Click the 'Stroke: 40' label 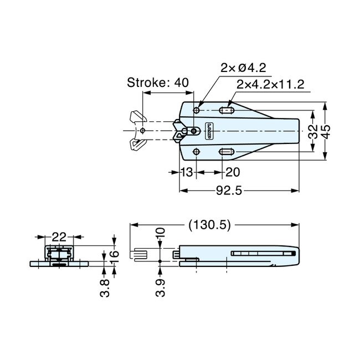(158, 83)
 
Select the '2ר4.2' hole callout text (243, 68)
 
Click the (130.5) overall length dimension (210, 225)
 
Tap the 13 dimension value (187, 173)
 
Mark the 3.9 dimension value (160, 287)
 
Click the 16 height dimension (114, 256)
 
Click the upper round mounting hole (197, 110)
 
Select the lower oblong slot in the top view (227, 152)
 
